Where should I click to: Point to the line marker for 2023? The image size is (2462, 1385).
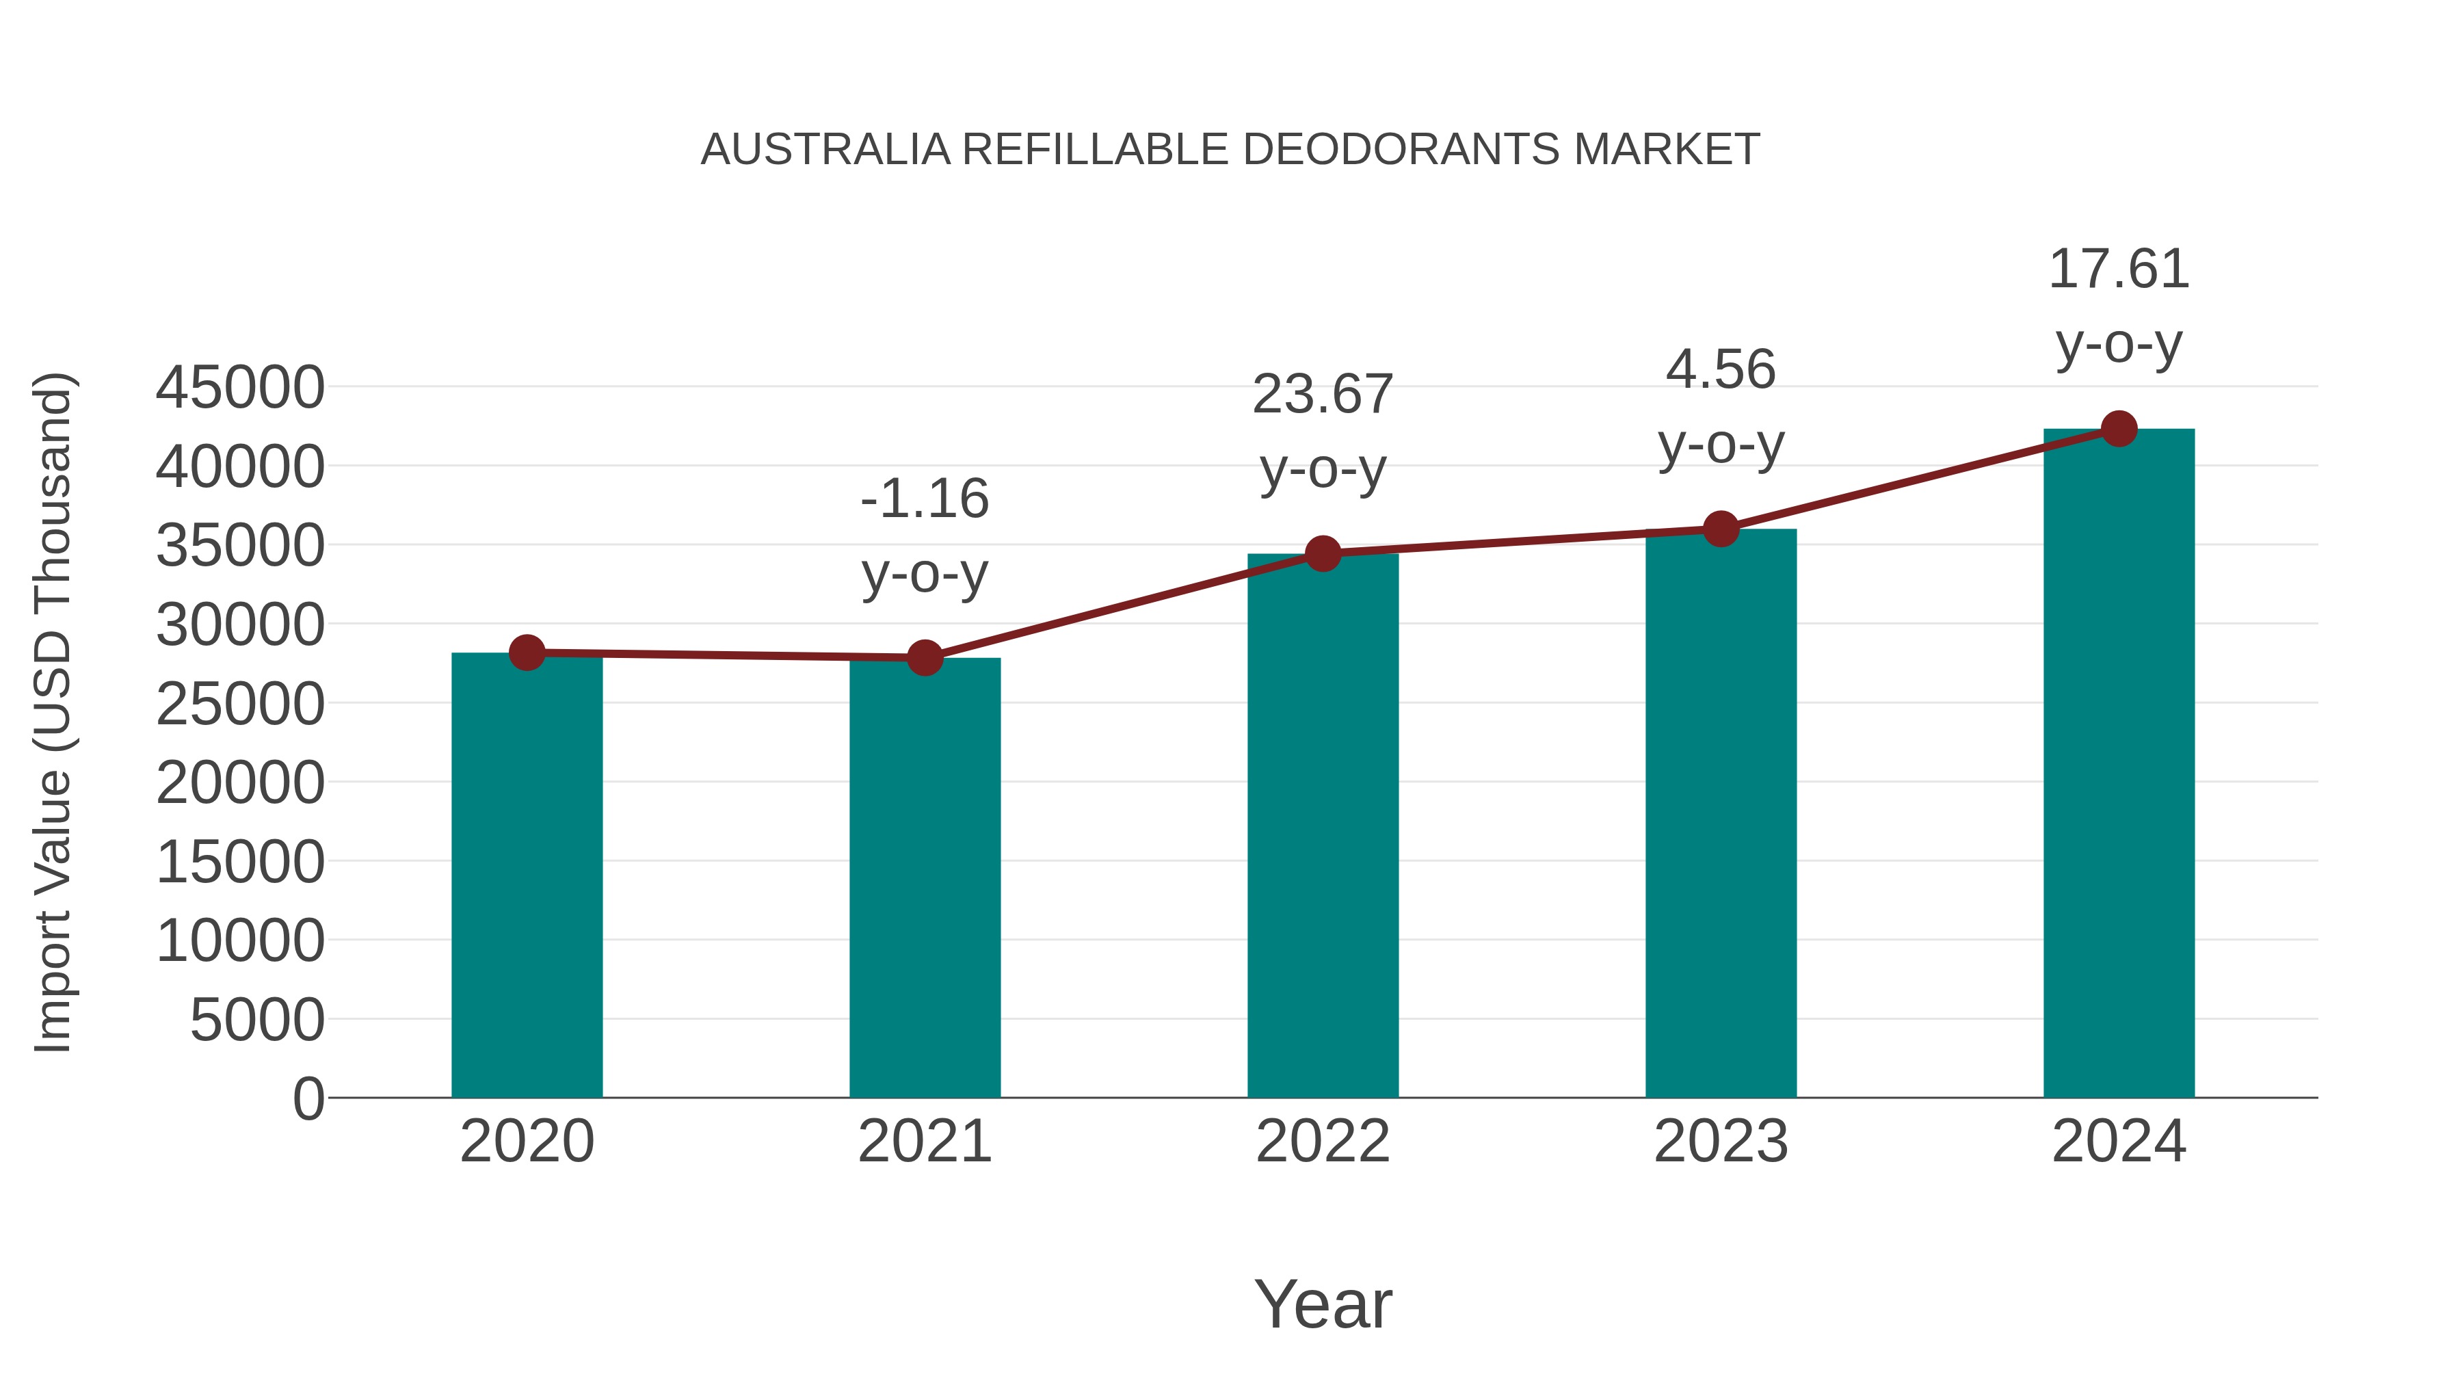(1721, 529)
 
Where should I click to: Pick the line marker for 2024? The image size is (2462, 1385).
(2119, 429)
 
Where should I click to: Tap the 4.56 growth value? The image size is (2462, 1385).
(1721, 370)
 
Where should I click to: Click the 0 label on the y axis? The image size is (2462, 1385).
(308, 1099)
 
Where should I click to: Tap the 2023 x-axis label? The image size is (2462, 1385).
(1721, 1142)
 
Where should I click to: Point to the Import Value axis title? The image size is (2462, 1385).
(53, 713)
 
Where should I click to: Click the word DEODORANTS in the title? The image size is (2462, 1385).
(1401, 150)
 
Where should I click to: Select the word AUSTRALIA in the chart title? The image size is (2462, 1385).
(825, 150)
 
